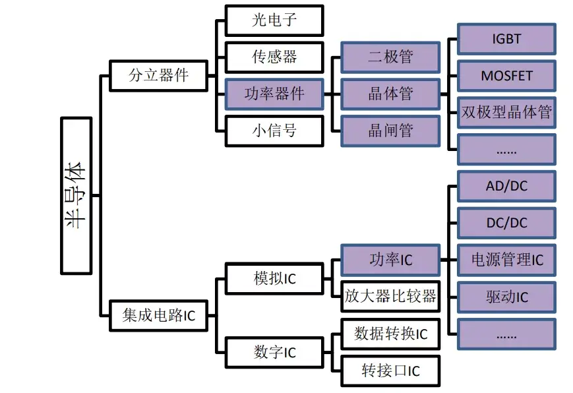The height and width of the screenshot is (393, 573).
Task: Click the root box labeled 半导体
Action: tap(76, 196)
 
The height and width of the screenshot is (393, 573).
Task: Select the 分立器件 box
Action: tap(159, 75)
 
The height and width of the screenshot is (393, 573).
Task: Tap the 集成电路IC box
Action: tap(159, 316)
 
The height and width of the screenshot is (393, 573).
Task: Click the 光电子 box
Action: tap(274, 20)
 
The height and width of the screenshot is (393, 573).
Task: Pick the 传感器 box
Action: tap(274, 57)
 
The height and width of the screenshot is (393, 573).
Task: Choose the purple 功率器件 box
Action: tap(274, 94)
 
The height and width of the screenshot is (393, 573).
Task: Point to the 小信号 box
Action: tap(274, 131)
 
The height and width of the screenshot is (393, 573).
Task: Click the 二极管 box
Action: tap(390, 57)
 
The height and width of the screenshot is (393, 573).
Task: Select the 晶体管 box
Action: tap(390, 94)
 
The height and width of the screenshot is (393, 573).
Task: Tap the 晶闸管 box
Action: tap(390, 131)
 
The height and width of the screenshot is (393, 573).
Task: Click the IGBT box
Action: tap(506, 39)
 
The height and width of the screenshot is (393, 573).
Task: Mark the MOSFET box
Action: tap(506, 76)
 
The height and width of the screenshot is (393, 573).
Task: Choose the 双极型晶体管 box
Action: tap(506, 112)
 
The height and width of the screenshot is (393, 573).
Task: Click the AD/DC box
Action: tap(506, 187)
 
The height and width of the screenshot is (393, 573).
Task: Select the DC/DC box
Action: tap(506, 223)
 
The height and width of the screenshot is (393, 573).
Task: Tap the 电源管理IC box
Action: tap(506, 260)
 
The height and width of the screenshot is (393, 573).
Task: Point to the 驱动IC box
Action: tap(506, 297)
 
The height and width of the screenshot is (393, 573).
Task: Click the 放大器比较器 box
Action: tap(390, 297)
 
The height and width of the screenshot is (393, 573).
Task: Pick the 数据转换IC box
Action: tap(390, 334)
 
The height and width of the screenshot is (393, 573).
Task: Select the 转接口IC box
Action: tap(390, 371)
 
